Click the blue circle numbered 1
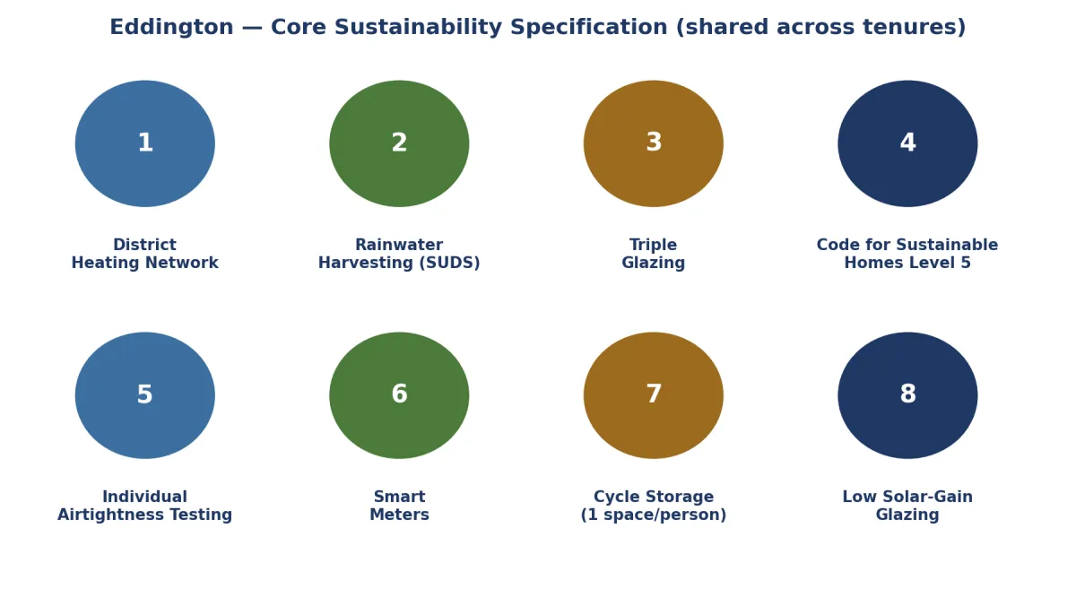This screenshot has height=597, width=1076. point(145,143)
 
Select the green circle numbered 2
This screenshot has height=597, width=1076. point(399,143)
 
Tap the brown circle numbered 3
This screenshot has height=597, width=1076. point(654,143)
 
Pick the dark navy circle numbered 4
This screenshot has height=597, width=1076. point(907,143)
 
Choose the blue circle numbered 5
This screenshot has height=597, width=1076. point(145,395)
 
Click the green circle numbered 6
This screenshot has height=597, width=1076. point(399,395)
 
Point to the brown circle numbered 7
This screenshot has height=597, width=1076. point(654,395)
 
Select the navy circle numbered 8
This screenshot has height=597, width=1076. point(907,395)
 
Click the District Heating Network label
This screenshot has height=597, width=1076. point(145,254)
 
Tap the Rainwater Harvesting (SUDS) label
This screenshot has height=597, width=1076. point(399,254)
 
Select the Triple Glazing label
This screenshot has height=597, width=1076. point(654,254)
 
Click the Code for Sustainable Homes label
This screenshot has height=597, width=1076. point(907,254)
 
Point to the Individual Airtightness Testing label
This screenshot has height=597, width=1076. point(145,506)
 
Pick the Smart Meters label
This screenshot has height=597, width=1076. point(399,506)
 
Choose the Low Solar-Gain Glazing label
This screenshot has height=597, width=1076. point(907,506)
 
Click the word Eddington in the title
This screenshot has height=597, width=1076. point(171,28)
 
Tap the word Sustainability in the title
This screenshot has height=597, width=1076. point(418,28)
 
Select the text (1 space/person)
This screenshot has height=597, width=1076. point(654,515)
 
